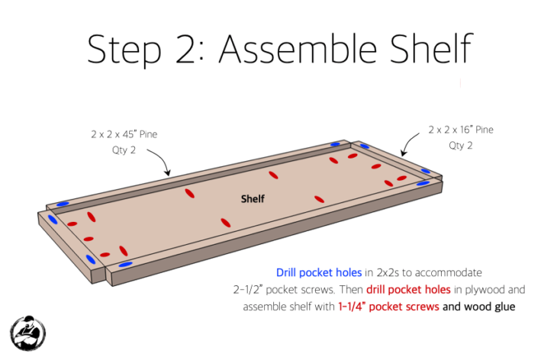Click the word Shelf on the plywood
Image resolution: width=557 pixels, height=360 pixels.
[253, 198]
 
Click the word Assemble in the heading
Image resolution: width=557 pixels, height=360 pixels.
[298, 49]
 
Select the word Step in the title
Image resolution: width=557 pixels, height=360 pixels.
[124, 50]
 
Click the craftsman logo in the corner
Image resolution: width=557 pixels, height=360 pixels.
[27, 333]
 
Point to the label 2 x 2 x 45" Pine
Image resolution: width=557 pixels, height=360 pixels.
[124, 134]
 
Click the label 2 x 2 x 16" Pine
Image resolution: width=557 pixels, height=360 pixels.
[461, 130]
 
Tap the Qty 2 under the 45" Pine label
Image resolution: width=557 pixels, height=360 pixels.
[124, 150]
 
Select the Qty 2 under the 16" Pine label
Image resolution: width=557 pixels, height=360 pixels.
[461, 146]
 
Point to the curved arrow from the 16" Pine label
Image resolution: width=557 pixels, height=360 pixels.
[407, 143]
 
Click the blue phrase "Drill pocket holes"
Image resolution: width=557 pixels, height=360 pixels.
[319, 272]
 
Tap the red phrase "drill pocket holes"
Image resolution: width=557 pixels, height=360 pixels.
[408, 290]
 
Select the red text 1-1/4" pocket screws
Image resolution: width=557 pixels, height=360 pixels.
[388, 307]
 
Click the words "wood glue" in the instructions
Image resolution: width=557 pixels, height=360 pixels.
[490, 307]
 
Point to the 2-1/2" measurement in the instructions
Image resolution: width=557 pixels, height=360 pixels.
[247, 290]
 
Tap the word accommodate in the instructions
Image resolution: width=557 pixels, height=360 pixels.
[449, 272]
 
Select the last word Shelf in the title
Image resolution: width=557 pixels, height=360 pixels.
[431, 49]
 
